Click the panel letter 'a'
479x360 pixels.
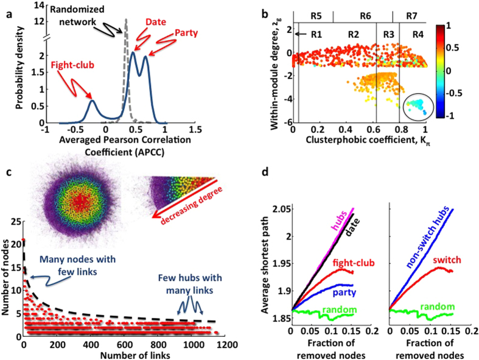point(9,9)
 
